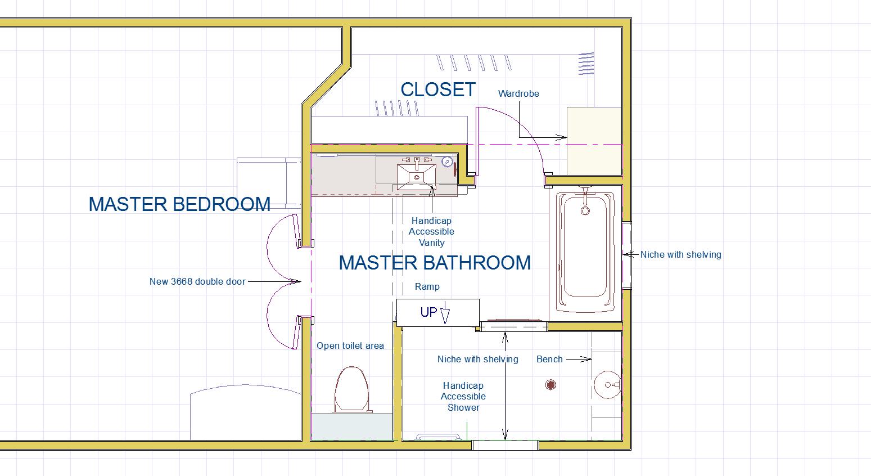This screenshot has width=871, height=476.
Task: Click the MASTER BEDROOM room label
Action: pyautogui.click(x=179, y=204)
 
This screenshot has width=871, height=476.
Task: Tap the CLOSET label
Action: pyautogui.click(x=438, y=89)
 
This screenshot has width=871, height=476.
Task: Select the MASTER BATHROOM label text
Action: pyautogui.click(x=435, y=263)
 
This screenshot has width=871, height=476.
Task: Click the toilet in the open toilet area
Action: pyautogui.click(x=351, y=389)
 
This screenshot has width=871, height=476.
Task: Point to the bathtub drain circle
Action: pyautogui.click(x=585, y=211)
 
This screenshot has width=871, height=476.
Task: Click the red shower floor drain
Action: pyautogui.click(x=550, y=385)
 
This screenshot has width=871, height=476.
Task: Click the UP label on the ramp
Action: pyautogui.click(x=429, y=312)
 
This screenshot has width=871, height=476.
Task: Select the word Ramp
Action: pyautogui.click(x=427, y=287)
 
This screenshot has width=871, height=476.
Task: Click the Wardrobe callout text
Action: pyautogui.click(x=518, y=94)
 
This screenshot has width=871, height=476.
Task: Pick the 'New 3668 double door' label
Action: pyautogui.click(x=197, y=281)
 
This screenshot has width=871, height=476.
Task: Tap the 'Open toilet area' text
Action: pyautogui.click(x=350, y=345)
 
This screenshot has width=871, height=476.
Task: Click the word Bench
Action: pyautogui.click(x=549, y=359)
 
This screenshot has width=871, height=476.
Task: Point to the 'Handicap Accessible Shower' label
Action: pyautogui.click(x=463, y=397)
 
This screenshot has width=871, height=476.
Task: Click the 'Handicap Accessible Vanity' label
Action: pyautogui.click(x=431, y=232)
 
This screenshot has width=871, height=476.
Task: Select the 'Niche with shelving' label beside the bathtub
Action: pyautogui.click(x=680, y=254)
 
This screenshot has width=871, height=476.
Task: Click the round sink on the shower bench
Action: pyautogui.click(x=607, y=385)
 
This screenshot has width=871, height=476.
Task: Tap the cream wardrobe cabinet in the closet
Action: pyautogui.click(x=594, y=141)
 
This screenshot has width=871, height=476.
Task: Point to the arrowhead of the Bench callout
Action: pyautogui.click(x=586, y=359)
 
